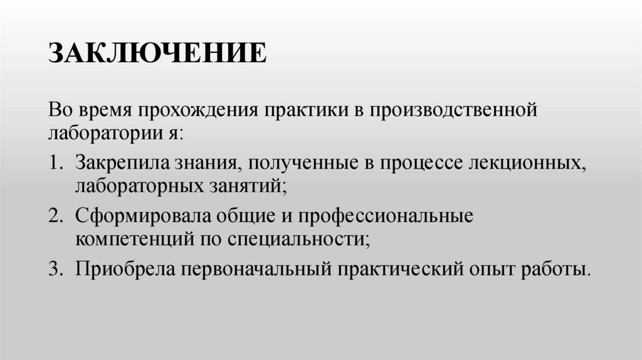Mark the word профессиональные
point(384,216)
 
